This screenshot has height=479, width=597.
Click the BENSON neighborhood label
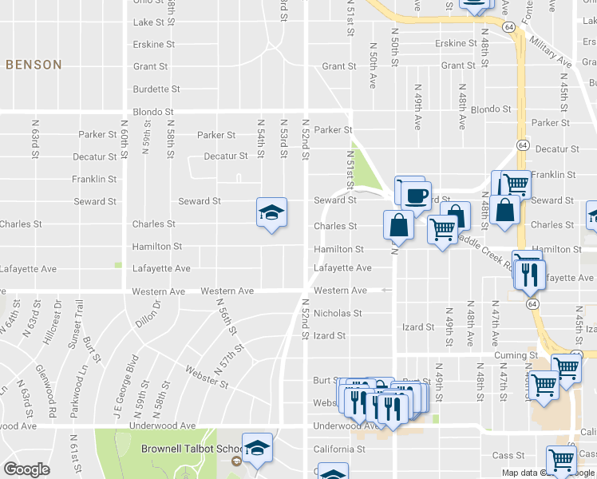[34, 65]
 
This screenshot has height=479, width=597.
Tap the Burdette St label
[156, 89]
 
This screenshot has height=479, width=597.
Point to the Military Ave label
[553, 52]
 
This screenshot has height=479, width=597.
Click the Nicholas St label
[338, 314]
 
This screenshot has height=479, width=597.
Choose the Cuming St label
[515, 355]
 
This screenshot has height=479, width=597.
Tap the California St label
[339, 449]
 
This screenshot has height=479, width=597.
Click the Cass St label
[508, 456]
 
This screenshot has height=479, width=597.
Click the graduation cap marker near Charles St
[271, 213]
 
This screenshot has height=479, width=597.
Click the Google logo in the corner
[26, 469]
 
